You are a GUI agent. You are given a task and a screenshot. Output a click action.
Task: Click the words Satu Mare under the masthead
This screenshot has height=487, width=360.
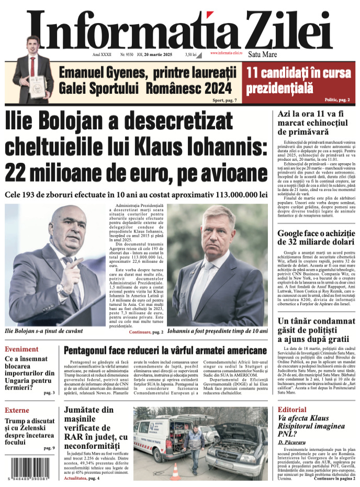262,54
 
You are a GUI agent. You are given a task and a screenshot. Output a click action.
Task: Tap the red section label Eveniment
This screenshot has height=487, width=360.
21,349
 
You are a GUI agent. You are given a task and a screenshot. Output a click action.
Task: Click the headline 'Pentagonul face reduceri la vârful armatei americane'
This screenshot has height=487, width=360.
165,351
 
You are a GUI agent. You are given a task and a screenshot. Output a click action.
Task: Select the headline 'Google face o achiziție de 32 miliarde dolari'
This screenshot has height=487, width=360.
316,237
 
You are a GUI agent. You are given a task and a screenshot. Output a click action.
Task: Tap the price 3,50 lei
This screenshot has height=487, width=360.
190,54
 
